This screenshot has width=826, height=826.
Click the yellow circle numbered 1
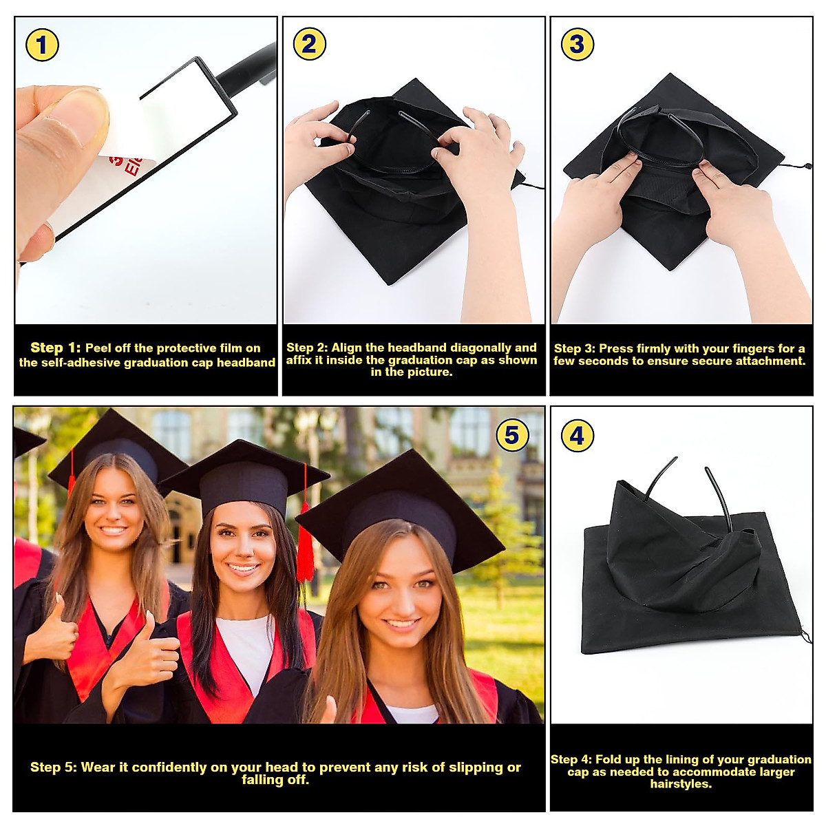click(x=42, y=45)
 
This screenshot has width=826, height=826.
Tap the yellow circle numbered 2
click(x=309, y=45)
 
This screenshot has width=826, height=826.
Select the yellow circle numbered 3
click(x=577, y=45)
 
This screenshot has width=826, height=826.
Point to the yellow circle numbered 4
click(x=577, y=436)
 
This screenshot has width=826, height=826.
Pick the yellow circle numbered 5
click(x=511, y=436)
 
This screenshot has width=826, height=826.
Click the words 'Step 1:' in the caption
click(x=55, y=348)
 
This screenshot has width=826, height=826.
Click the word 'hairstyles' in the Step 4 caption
click(x=680, y=784)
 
